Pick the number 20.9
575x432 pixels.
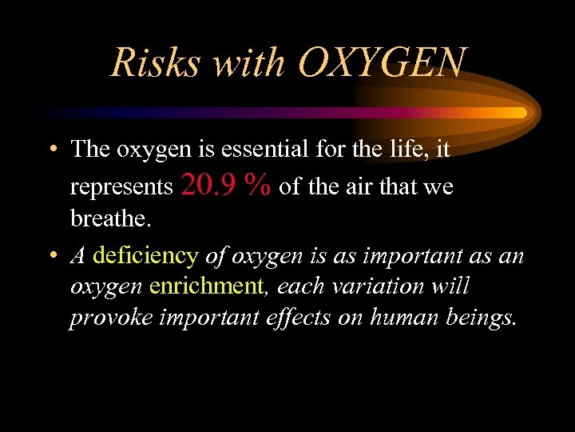(209, 186)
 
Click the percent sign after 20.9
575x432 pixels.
(258, 186)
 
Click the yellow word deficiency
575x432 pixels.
(146, 256)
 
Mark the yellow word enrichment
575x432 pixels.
(206, 286)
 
